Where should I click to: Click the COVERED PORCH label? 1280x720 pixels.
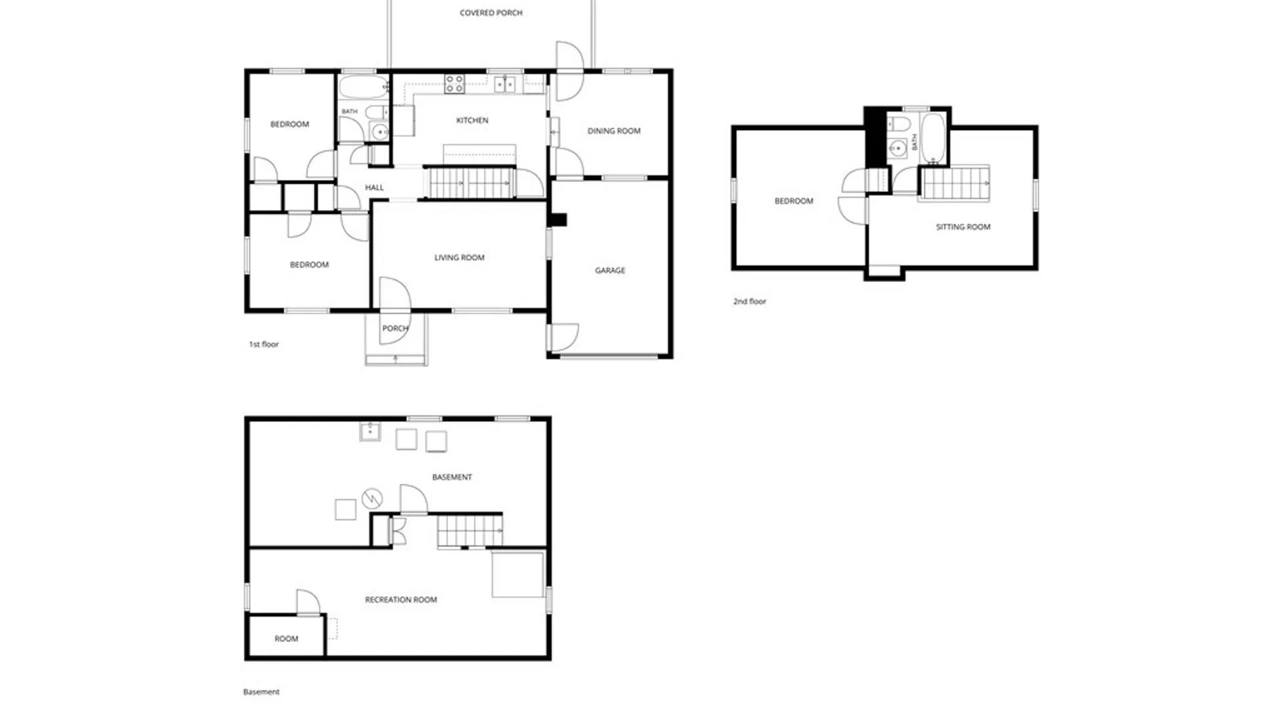(491, 13)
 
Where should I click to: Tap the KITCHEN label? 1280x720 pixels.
(472, 121)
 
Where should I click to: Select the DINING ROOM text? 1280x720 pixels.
(613, 131)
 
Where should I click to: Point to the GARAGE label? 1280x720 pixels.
(610, 271)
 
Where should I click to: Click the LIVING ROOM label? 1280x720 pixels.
(459, 258)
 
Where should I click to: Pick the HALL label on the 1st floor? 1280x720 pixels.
(374, 188)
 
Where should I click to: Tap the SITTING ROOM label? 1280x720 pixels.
(963, 227)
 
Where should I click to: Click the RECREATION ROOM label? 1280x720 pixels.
(401, 600)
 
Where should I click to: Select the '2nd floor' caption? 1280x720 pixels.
(749, 301)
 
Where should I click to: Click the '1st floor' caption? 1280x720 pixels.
(263, 345)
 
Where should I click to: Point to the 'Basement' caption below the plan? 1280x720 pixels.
(261, 692)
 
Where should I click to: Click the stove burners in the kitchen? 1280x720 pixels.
(455, 84)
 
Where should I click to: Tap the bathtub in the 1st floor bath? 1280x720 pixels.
(363, 87)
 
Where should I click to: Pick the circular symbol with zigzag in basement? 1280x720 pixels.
(372, 498)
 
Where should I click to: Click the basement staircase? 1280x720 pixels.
(470, 531)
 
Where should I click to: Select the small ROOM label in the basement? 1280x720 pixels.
(286, 639)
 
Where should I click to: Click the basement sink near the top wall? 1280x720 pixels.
(370, 432)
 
